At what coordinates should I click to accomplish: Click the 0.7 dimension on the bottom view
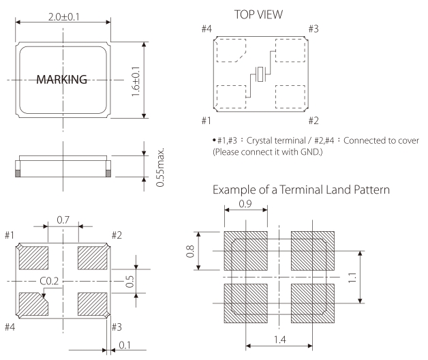point(63,220)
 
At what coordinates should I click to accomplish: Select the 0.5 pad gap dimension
point(129,281)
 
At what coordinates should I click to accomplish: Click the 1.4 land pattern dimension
point(279,339)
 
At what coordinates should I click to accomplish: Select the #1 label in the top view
point(204,121)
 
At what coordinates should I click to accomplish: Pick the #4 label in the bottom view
point(10,327)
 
